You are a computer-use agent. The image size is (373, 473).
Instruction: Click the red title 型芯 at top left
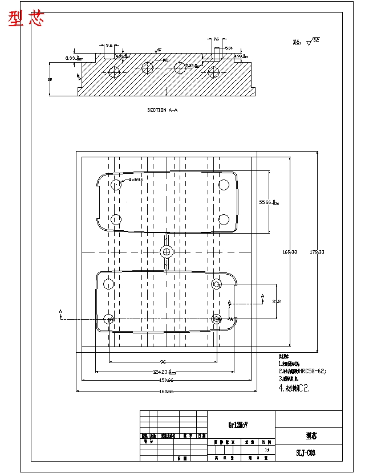click(x=26, y=19)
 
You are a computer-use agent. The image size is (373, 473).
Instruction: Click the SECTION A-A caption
click(x=163, y=110)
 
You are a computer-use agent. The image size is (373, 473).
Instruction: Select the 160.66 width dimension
click(x=166, y=391)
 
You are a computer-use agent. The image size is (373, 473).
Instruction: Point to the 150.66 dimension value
click(x=165, y=380)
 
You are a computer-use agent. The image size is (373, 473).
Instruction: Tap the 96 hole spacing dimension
click(x=163, y=362)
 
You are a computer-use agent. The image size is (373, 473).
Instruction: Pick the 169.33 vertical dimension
click(x=290, y=251)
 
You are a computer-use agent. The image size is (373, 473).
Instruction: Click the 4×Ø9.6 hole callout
click(x=135, y=180)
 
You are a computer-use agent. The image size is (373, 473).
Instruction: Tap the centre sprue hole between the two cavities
click(x=167, y=251)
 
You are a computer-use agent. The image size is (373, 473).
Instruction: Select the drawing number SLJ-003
click(x=306, y=453)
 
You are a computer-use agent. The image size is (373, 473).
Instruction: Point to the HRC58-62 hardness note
click(x=303, y=371)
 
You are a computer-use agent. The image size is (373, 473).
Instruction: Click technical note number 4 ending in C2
click(x=294, y=388)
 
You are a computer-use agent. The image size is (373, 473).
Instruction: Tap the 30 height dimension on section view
click(x=50, y=79)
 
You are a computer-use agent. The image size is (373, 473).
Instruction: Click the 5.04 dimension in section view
click(x=228, y=48)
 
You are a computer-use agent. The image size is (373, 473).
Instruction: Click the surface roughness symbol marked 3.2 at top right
click(x=313, y=41)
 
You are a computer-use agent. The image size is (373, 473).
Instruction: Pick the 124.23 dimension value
click(x=162, y=372)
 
